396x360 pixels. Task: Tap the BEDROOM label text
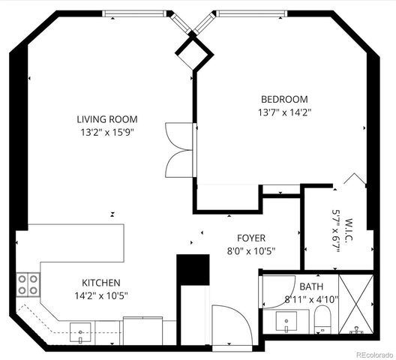284,99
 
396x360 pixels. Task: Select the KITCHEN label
101,283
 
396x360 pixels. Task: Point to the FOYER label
250,238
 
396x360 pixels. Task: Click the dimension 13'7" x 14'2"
284,112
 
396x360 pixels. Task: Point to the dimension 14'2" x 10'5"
101,295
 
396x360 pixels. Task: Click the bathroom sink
286,322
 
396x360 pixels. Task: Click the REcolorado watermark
372,354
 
